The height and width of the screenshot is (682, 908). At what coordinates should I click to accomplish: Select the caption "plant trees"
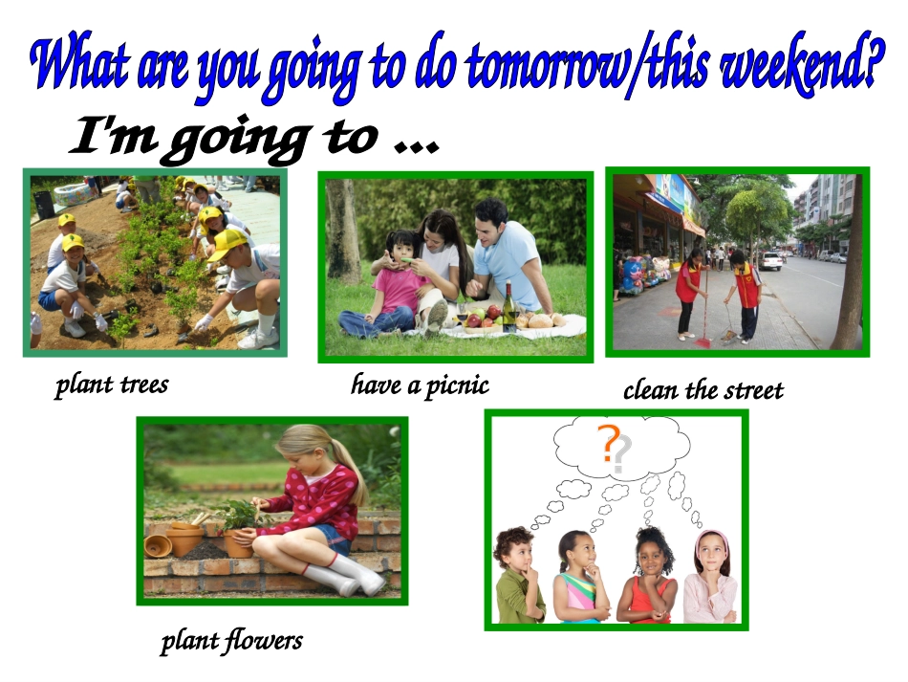click(x=112, y=385)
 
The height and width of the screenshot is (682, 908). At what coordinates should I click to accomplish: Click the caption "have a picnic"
click(x=420, y=385)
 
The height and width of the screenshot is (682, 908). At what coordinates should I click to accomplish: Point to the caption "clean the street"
click(x=703, y=390)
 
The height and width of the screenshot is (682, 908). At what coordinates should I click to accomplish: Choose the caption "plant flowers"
click(x=231, y=640)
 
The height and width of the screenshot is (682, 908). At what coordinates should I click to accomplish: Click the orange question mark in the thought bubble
click(x=606, y=444)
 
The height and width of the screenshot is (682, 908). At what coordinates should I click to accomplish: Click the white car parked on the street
click(x=770, y=260)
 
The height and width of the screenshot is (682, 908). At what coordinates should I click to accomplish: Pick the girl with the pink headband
click(x=710, y=579)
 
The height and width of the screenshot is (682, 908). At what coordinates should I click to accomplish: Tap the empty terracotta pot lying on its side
click(x=158, y=545)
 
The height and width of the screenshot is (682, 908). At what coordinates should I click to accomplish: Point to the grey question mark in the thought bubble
click(x=621, y=454)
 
